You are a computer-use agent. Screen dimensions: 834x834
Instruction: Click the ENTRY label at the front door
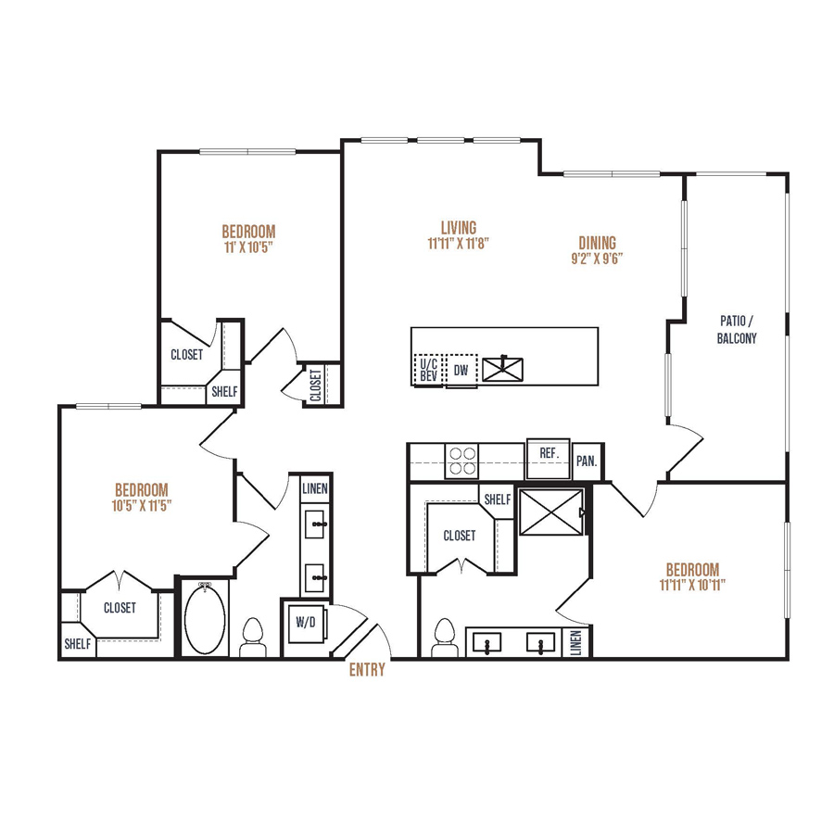pyautogui.click(x=367, y=670)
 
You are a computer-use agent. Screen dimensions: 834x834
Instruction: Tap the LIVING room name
pyautogui.click(x=459, y=228)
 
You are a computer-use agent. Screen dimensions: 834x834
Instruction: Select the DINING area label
pyautogui.click(x=598, y=243)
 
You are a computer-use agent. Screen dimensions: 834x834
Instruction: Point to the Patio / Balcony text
pyautogui.click(x=737, y=329)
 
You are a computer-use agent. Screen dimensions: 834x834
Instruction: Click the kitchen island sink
pyautogui.click(x=502, y=369)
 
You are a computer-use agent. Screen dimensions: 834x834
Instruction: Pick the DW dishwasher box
pyautogui.click(x=461, y=370)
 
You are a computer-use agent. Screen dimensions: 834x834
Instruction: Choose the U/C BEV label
pyautogui.click(x=429, y=370)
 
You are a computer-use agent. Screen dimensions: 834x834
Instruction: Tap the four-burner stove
pyautogui.click(x=461, y=461)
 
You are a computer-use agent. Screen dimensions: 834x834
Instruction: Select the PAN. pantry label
pyautogui.click(x=587, y=461)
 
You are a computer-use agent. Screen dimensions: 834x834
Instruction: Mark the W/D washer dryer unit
pyautogui.click(x=305, y=623)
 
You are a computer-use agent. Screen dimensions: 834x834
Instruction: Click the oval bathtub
pyautogui.click(x=205, y=619)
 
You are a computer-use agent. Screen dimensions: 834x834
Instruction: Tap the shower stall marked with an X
pyautogui.click(x=551, y=512)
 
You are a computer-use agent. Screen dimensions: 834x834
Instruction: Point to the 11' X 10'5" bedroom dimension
pyautogui.click(x=248, y=247)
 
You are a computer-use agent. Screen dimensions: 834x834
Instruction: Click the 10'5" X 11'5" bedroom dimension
pyautogui.click(x=142, y=505)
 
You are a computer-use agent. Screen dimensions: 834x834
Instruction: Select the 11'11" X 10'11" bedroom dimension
pyautogui.click(x=692, y=585)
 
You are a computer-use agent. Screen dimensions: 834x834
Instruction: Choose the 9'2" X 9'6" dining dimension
pyautogui.click(x=598, y=259)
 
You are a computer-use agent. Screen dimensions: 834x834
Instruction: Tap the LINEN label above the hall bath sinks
pyautogui.click(x=315, y=488)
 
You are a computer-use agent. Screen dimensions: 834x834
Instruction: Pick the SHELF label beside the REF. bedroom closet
pyautogui.click(x=498, y=499)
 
